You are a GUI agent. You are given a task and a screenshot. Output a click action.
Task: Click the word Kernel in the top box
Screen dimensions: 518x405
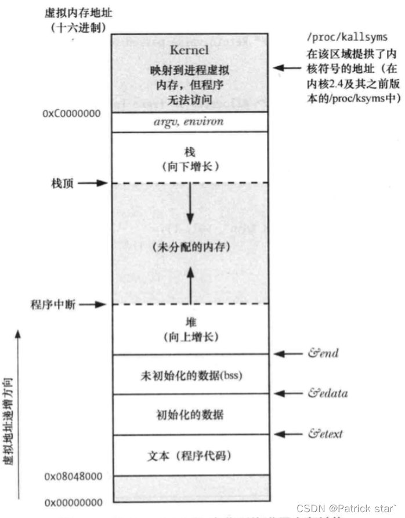pyautogui.click(x=189, y=50)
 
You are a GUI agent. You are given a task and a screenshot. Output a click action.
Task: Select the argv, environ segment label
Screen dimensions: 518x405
pyautogui.click(x=189, y=122)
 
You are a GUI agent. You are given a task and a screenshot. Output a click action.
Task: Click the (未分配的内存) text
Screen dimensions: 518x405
pyautogui.click(x=189, y=247)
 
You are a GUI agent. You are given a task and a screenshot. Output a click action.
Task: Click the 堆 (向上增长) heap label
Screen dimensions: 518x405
pyautogui.click(x=189, y=329)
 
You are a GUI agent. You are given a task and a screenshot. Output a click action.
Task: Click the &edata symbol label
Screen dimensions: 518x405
pyautogui.click(x=328, y=393)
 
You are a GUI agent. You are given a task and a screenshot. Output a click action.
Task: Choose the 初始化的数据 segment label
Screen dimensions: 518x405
pyautogui.click(x=189, y=415)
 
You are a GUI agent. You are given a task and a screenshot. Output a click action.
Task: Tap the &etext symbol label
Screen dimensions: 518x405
pyautogui.click(x=326, y=434)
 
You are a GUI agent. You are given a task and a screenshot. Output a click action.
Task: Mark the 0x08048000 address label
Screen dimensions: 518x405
pyautogui.click(x=73, y=476)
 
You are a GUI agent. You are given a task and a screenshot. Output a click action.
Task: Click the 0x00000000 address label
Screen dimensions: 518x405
pyautogui.click(x=73, y=502)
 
